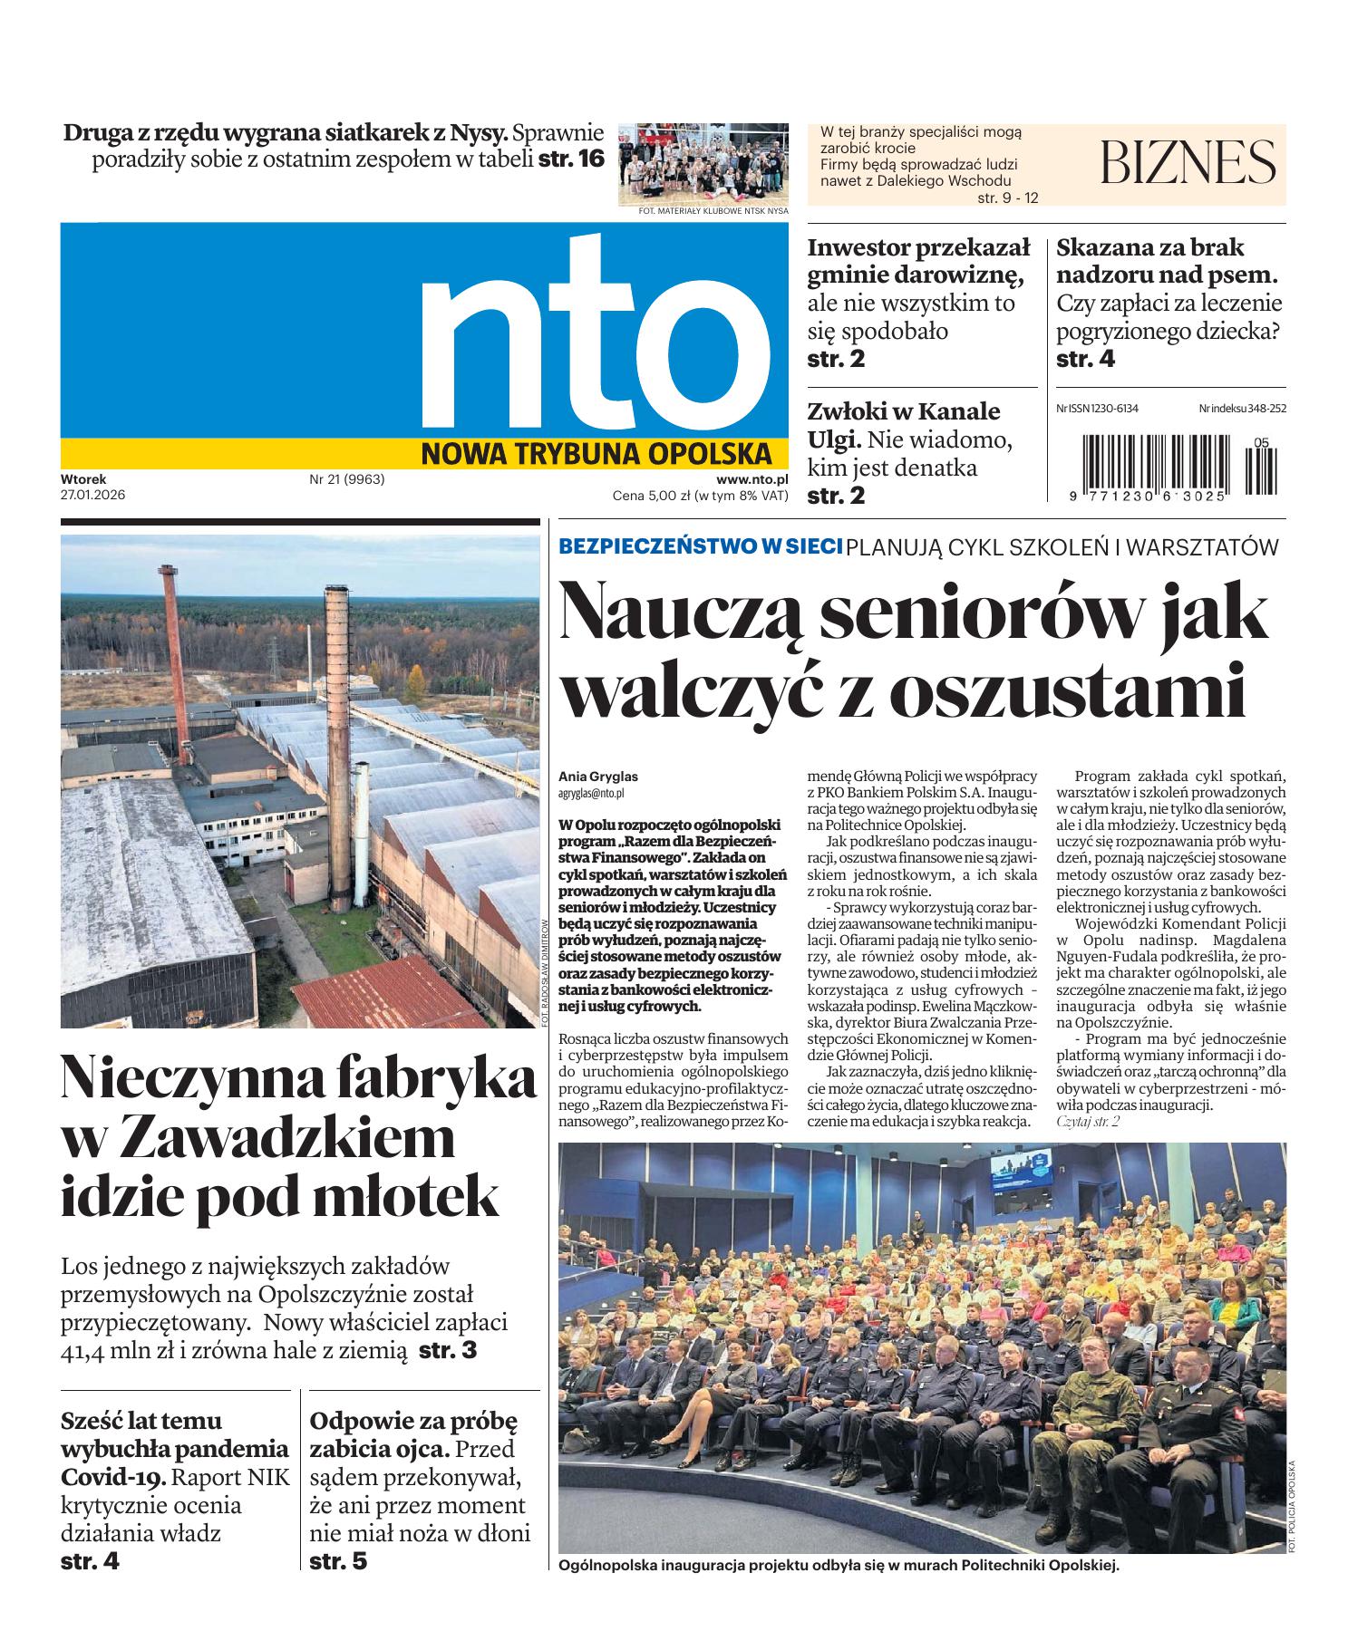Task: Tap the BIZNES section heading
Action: [x=1188, y=163]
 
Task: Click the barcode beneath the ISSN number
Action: [x=1169, y=465]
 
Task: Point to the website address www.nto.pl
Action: [x=752, y=479]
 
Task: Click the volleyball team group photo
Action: [x=703, y=164]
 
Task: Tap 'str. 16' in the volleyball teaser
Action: [x=570, y=159]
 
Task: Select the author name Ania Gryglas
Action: [x=598, y=777]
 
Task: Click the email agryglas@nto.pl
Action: [x=592, y=792]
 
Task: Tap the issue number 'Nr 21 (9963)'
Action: [x=347, y=479]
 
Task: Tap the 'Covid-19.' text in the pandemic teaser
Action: [x=113, y=1477]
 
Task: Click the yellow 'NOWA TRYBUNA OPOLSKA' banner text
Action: [x=596, y=453]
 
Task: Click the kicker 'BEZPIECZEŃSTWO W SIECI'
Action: [x=700, y=546]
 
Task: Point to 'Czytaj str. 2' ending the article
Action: [x=1088, y=1122]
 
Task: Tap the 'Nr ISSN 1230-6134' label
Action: [x=1097, y=409]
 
